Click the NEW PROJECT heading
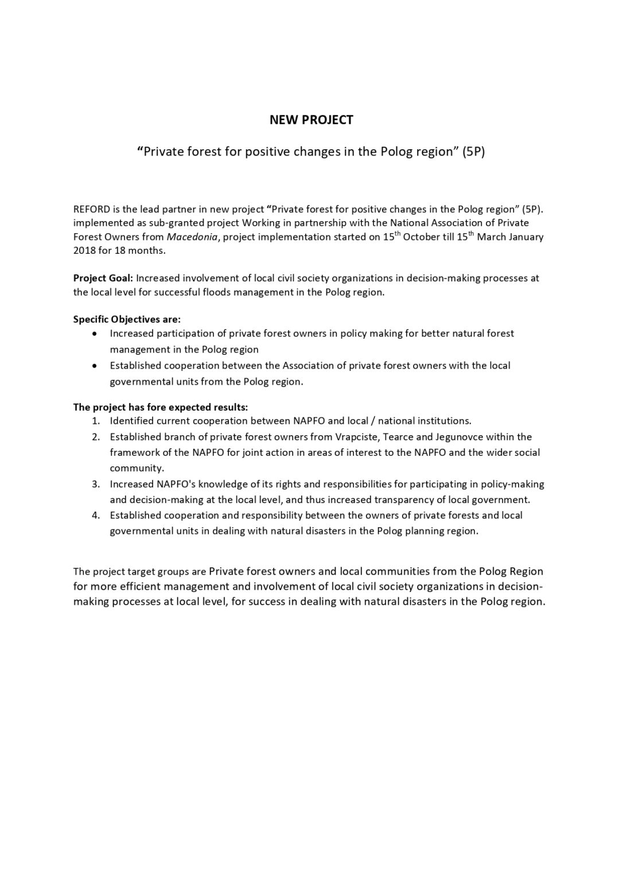click(311, 120)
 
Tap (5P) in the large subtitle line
click(473, 152)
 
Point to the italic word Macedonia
click(192, 237)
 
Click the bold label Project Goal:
click(103, 278)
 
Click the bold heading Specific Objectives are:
click(127, 319)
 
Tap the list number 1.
click(95, 421)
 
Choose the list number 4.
click(95, 515)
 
